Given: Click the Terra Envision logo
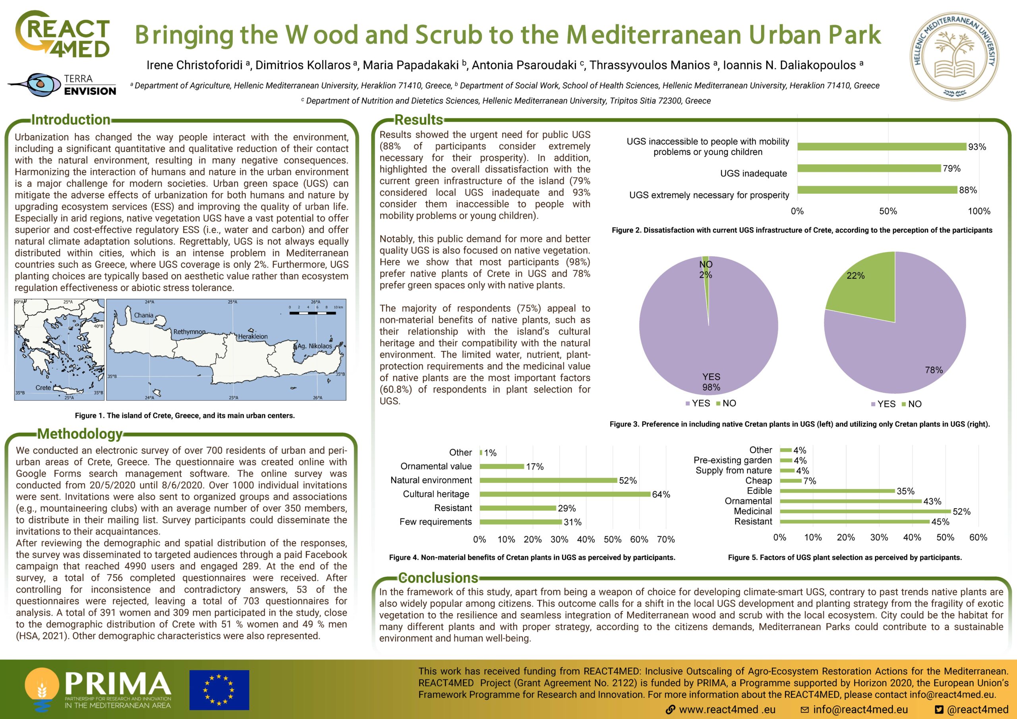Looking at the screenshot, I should (62, 85).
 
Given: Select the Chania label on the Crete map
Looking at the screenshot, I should (143, 315).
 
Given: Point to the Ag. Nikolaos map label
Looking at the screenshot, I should (315, 346).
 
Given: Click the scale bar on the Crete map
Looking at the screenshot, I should (312, 312).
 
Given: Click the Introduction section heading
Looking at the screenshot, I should (71, 120).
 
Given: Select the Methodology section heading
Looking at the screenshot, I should (80, 434).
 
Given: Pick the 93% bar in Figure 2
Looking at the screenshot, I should (882, 146).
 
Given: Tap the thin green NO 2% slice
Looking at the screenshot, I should (706, 266).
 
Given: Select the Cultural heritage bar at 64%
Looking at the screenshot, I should (565, 494).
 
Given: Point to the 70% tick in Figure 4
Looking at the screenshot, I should (666, 539).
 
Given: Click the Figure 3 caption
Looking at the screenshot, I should (800, 424).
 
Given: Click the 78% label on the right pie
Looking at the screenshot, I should (934, 370).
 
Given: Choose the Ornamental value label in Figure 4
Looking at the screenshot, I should (436, 466).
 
